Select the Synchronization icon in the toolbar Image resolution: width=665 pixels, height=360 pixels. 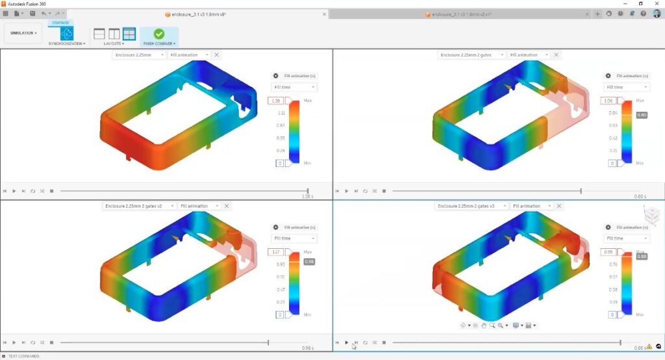click(x=66, y=33)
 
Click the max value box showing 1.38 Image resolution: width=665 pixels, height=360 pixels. click(x=275, y=101)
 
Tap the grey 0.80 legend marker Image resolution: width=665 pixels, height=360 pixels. click(x=642, y=115)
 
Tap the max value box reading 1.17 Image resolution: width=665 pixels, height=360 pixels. click(x=275, y=252)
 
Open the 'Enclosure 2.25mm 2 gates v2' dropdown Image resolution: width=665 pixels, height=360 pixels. click(x=139, y=206)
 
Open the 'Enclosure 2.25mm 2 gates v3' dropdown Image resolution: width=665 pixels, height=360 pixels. click(x=471, y=206)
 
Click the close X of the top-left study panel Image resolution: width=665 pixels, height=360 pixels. click(x=217, y=55)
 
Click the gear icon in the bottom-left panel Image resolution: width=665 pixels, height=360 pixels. click(x=276, y=227)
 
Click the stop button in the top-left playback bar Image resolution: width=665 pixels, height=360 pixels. click(x=52, y=191)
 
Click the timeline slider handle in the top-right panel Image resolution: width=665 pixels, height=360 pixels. click(x=581, y=191)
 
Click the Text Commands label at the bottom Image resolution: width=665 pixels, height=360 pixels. click(x=23, y=356)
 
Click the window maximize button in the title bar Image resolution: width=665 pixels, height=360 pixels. click(x=640, y=4)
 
